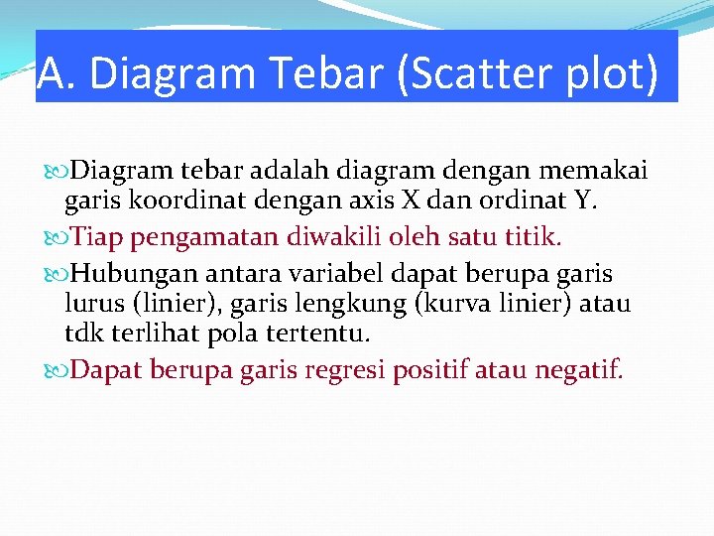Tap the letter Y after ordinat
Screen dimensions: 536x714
click(x=583, y=203)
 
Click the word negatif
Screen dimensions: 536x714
click(x=579, y=370)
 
